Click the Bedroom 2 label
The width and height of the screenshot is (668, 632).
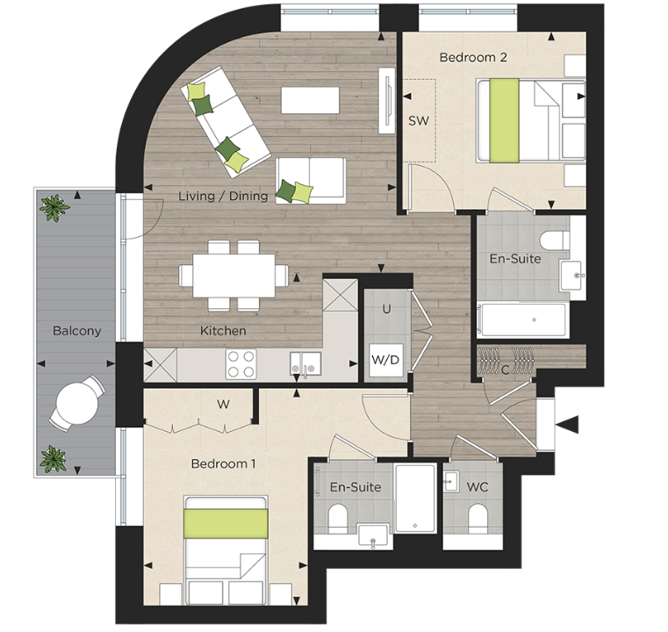tap(473, 58)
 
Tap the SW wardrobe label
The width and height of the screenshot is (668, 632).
tap(419, 121)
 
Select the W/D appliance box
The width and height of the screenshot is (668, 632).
tap(384, 360)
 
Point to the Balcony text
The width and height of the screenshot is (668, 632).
tap(76, 332)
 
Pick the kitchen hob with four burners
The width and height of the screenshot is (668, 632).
tap(241, 363)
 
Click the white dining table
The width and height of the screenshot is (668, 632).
tap(233, 276)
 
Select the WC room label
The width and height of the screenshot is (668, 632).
tap(478, 485)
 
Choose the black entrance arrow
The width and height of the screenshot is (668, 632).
tap(568, 426)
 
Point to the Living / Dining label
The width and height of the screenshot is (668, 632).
tap(223, 196)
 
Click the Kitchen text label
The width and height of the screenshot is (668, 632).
tap(223, 332)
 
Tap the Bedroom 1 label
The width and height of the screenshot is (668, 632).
tap(223, 463)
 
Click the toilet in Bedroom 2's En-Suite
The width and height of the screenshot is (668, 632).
tap(553, 239)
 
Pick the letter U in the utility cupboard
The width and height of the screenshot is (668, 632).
tap(385, 309)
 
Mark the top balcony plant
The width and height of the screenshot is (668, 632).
tap(55, 208)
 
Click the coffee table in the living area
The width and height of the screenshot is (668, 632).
tap(310, 100)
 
